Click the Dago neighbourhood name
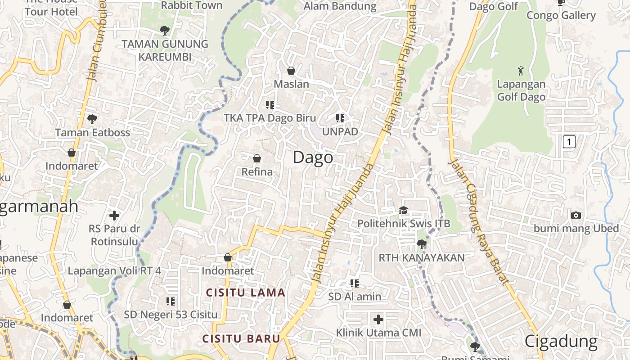tap(313, 157)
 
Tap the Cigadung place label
tap(561, 342)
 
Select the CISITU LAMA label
tap(245, 292)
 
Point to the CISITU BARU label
tap(241, 338)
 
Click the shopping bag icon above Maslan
tap(291, 71)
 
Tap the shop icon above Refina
tap(257, 158)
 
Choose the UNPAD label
tap(340, 131)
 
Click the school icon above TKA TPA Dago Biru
tap(270, 105)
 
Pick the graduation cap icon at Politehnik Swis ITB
tap(403, 210)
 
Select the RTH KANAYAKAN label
tap(422, 258)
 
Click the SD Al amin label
tap(355, 297)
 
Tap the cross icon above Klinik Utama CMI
tap(378, 319)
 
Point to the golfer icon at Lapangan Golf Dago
tap(521, 71)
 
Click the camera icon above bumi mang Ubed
tap(576, 215)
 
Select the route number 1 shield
tap(569, 142)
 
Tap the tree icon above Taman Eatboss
tap(92, 119)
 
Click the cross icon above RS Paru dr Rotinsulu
tap(114, 216)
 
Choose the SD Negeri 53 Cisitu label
tap(171, 315)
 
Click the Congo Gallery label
tap(561, 15)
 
